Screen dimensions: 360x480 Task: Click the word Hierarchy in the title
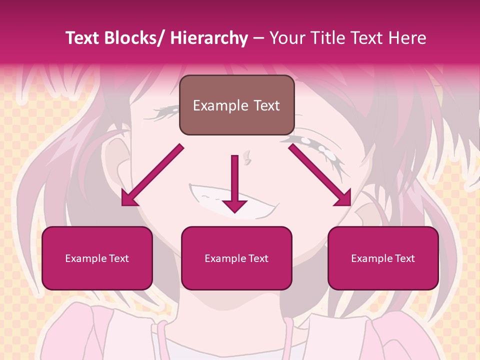pos(209,38)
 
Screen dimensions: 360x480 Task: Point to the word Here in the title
pos(407,38)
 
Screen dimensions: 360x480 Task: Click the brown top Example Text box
pos(236,105)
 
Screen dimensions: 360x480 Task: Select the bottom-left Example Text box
pos(97,258)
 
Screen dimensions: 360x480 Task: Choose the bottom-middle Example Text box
pos(236,258)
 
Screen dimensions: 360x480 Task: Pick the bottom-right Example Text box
pos(383,258)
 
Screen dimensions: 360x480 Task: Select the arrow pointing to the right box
pos(320,175)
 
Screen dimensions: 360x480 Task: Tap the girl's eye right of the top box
pos(320,150)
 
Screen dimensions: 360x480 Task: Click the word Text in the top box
pos(266,105)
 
